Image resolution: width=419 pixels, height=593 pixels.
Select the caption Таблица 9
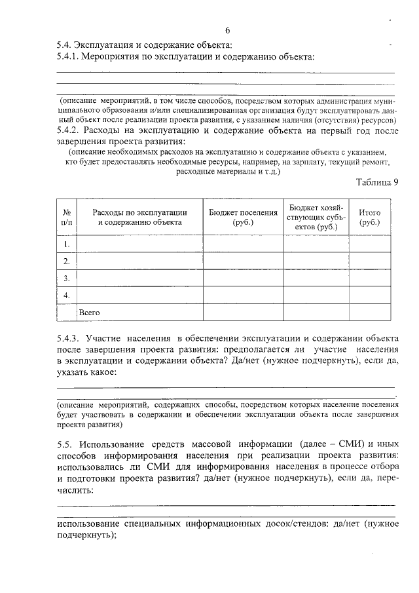(x=377, y=182)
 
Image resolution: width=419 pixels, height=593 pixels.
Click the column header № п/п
(x=66, y=218)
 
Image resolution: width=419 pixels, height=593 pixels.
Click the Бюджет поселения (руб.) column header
(x=243, y=218)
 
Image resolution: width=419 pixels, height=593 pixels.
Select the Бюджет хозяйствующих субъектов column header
(x=318, y=218)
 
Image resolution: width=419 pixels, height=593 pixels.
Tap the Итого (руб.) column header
(x=370, y=218)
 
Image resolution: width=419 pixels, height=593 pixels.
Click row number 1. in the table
(x=66, y=244)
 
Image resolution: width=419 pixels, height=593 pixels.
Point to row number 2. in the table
(x=66, y=261)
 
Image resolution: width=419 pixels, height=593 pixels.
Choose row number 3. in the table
(x=66, y=278)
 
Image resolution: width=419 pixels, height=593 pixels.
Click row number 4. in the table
(x=66, y=296)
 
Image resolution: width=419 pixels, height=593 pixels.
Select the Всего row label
(x=89, y=313)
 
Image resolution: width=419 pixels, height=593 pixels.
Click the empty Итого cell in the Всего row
(x=370, y=313)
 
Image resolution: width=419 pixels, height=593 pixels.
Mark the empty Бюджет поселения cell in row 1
(x=243, y=244)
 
